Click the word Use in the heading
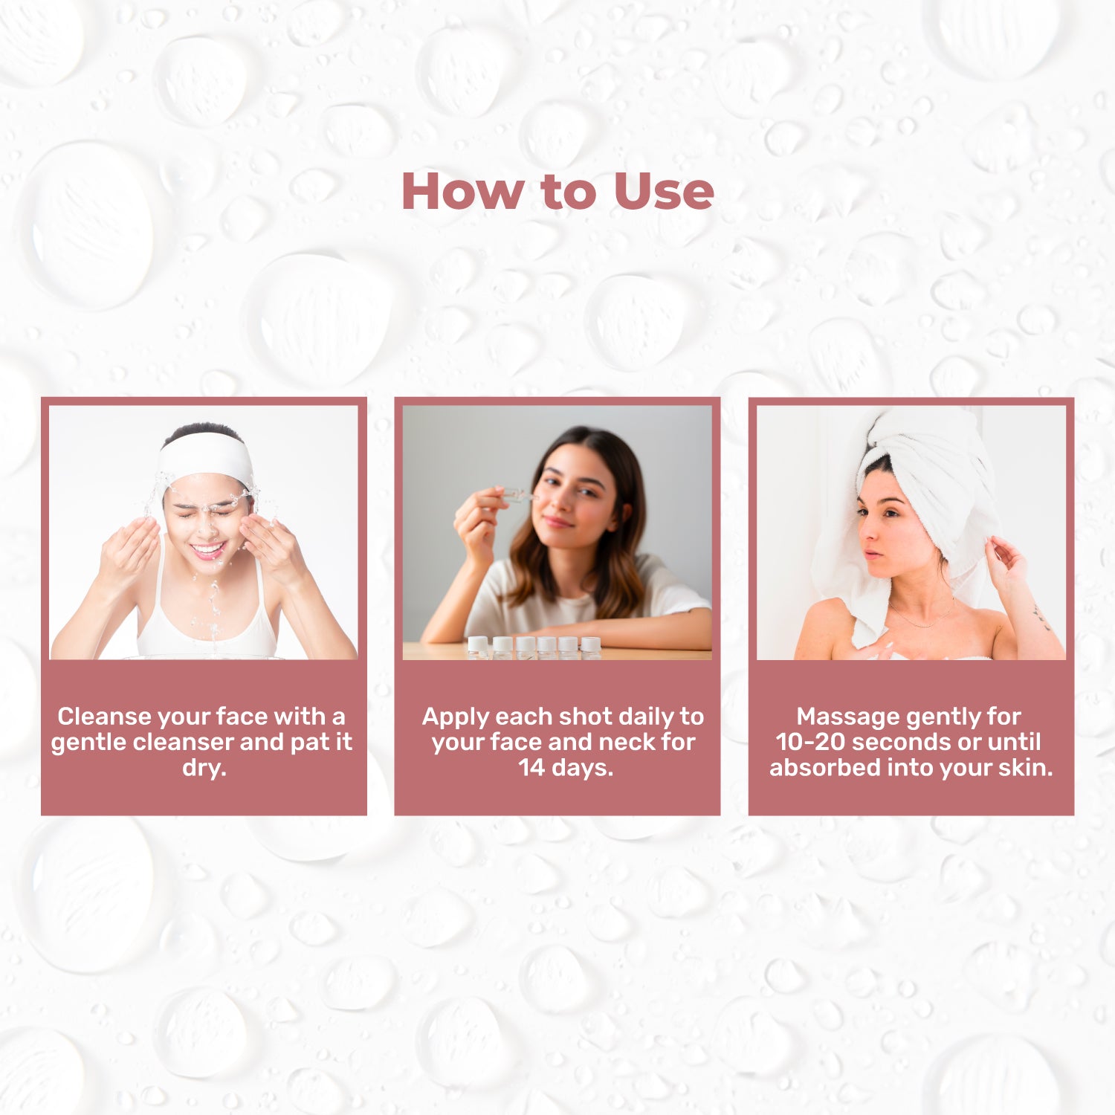(664, 191)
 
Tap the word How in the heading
(462, 191)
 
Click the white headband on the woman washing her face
(206, 456)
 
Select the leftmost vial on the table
(478, 647)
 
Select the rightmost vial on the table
(591, 647)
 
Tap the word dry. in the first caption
(204, 768)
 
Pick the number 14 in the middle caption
(531, 767)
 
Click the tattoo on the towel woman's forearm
(1041, 616)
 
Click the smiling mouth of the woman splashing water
(208, 551)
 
